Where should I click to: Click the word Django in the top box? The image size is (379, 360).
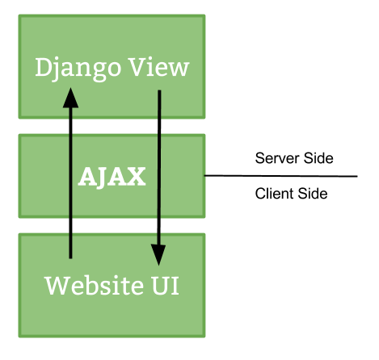78,69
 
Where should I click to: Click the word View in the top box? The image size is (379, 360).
159,67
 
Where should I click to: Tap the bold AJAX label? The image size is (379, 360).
112,177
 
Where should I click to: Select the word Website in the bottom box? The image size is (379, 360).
95,285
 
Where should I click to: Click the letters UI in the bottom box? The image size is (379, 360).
166,286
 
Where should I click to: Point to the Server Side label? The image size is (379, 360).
294,158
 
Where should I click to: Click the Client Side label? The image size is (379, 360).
291,194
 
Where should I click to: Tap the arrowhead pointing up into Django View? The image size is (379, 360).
70,98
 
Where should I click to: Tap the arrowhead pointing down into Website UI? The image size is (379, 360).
158,254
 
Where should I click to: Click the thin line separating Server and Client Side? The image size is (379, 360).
281,176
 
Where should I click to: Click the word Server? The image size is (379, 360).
277,158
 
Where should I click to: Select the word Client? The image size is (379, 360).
275,194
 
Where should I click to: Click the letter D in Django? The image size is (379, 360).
44,67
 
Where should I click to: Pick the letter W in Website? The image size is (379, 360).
57,286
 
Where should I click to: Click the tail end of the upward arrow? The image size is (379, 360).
70,258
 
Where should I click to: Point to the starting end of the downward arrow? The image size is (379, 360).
159,90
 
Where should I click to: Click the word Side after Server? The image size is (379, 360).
318,158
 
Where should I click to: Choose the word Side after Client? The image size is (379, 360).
313,194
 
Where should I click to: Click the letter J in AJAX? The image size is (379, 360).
103,178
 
